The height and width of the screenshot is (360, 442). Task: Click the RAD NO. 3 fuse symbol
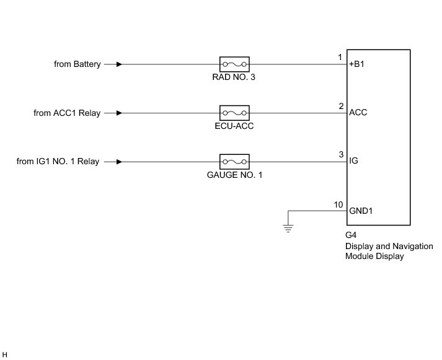pyautogui.click(x=234, y=64)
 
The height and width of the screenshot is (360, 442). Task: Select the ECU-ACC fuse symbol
pyautogui.click(x=234, y=113)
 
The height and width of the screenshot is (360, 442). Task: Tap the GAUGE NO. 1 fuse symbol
pyautogui.click(x=234, y=162)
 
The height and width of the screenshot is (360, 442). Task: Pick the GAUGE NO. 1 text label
pyautogui.click(x=234, y=175)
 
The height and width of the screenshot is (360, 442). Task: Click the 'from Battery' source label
pyautogui.click(x=77, y=64)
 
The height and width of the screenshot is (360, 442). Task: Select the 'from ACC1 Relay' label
pyautogui.click(x=67, y=113)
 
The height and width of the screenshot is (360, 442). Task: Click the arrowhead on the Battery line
pyautogui.click(x=118, y=64)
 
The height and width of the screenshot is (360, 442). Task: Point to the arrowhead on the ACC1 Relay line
pyautogui.click(x=118, y=113)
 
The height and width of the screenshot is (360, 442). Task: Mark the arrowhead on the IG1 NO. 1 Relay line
pyautogui.click(x=118, y=162)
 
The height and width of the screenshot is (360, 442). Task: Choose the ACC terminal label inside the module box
pyautogui.click(x=358, y=113)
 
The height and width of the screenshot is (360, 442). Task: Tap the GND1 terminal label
pyautogui.click(x=361, y=211)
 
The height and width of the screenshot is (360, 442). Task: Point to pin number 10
pyautogui.click(x=338, y=204)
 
